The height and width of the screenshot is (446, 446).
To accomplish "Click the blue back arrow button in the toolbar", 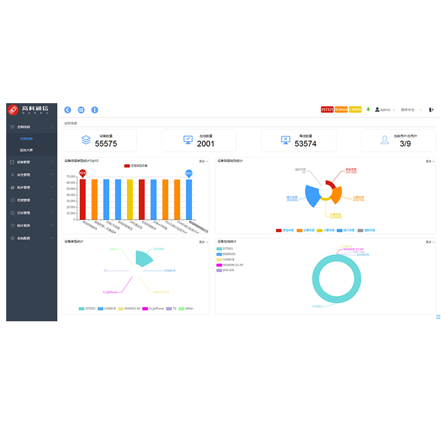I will (x=68, y=110).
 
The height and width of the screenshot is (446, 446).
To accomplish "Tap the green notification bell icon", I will (x=368, y=109).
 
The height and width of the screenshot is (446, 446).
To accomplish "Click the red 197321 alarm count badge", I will (x=327, y=110).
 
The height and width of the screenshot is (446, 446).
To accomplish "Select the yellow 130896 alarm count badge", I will (x=355, y=110).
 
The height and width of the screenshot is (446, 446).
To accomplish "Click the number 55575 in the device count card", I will (x=106, y=144).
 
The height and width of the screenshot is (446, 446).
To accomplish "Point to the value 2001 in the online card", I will (x=206, y=144).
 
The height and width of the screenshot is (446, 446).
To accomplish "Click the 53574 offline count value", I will (x=306, y=144).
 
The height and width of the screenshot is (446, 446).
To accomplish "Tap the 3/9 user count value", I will (x=405, y=144).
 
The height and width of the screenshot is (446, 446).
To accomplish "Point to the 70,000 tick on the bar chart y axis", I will (x=70, y=177).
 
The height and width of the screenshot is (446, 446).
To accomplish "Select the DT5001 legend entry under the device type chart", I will (x=87, y=308).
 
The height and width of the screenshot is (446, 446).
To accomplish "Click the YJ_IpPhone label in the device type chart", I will (x=110, y=292).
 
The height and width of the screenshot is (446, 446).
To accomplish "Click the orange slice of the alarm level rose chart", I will (x=336, y=195).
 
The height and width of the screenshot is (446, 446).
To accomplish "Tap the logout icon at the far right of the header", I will (x=432, y=110).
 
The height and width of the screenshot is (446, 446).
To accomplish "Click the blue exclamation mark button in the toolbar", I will (x=95, y=110).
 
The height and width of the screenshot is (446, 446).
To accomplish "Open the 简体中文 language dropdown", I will (x=410, y=110).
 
